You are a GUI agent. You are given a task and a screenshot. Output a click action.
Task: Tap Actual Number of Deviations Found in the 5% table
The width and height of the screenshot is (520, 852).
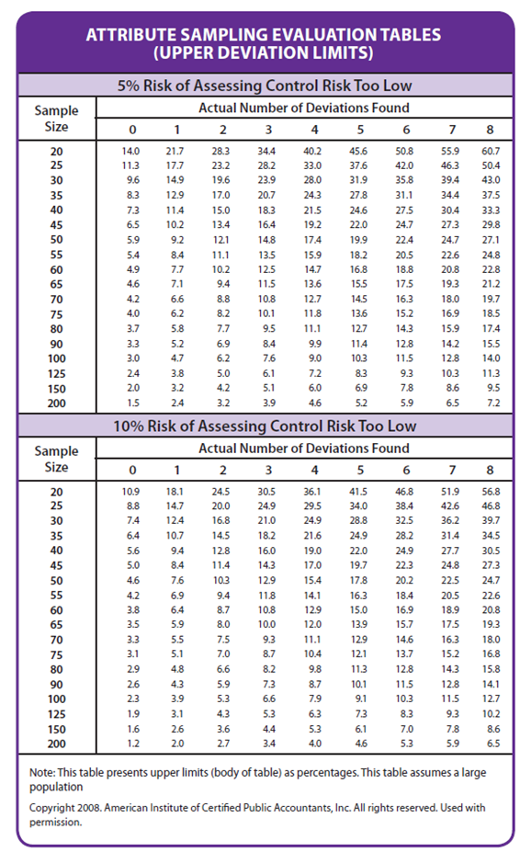[x=304, y=108]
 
